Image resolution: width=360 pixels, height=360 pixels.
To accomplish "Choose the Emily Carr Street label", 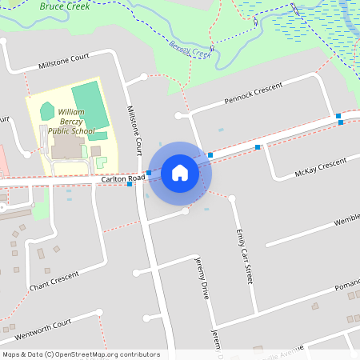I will tap(244, 257).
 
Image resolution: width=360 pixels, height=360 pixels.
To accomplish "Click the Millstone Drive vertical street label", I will tap(134, 129).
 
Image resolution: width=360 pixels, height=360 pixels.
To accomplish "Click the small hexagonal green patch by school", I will tap(47, 110).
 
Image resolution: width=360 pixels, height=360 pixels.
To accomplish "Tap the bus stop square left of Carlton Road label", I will tap(130, 185).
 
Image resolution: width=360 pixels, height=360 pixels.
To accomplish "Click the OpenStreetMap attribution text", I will tap(81, 354).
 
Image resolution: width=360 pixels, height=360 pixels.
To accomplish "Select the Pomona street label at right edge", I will tap(347, 284).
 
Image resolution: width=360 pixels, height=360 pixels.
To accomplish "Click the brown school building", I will tap(64, 146).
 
